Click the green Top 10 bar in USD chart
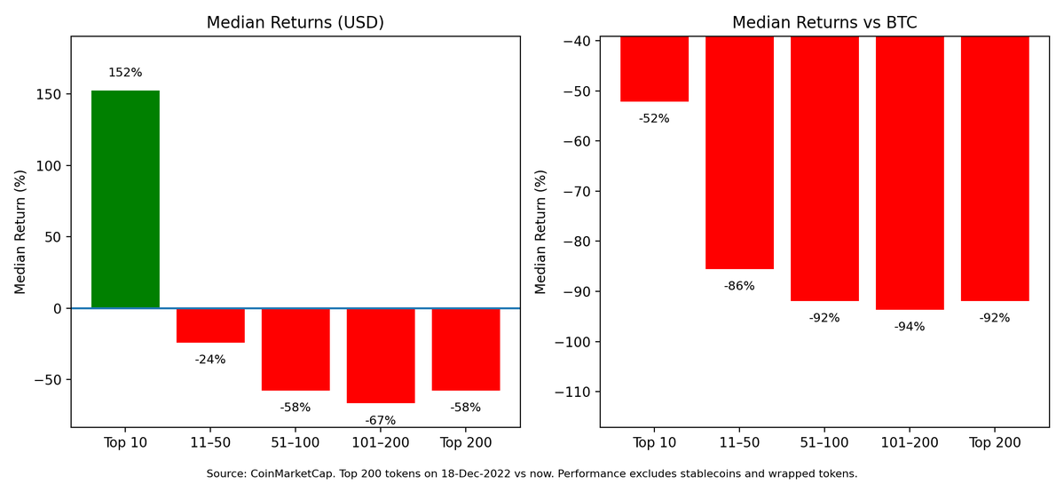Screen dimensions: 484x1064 pyautogui.click(x=125, y=199)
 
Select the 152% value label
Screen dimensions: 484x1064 pyautogui.click(x=125, y=73)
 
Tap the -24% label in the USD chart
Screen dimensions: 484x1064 pyautogui.click(x=210, y=360)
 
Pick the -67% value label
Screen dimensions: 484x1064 pyautogui.click(x=381, y=420)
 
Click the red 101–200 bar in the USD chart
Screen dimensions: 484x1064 pyautogui.click(x=381, y=355)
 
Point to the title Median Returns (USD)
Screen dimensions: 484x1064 pyautogui.click(x=296, y=23)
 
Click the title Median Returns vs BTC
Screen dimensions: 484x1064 pyautogui.click(x=824, y=23)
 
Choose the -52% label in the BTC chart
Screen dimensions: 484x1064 pyautogui.click(x=654, y=118)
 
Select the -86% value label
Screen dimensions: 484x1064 pyautogui.click(x=739, y=286)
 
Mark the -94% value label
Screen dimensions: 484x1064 pyautogui.click(x=910, y=326)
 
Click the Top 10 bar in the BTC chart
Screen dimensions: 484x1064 pyautogui.click(x=654, y=68)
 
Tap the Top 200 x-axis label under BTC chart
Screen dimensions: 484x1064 pyautogui.click(x=995, y=442)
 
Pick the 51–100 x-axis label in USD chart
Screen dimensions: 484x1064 pyautogui.click(x=296, y=442)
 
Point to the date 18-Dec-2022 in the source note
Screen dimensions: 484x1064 pyautogui.click(x=484, y=473)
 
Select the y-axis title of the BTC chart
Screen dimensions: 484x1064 pyautogui.click(x=541, y=232)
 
